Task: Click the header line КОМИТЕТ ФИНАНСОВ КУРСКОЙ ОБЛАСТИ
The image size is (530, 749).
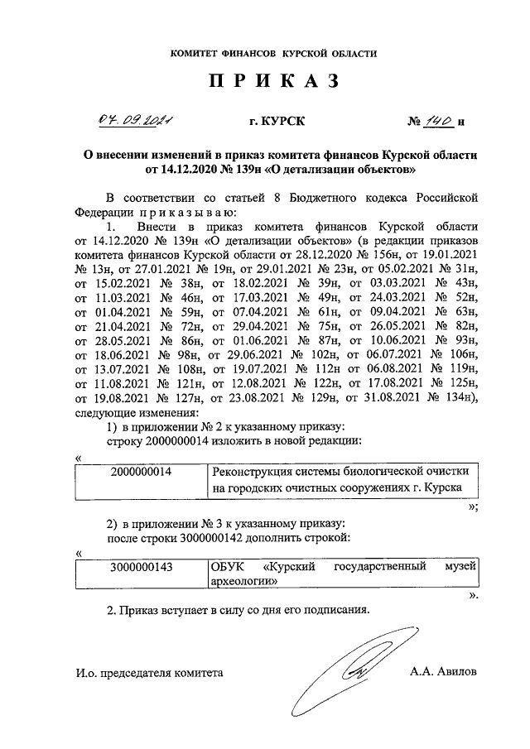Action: (x=273, y=53)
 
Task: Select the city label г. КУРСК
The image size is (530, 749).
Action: (x=277, y=122)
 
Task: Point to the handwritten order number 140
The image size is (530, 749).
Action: (x=439, y=122)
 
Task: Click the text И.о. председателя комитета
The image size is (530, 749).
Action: (x=149, y=672)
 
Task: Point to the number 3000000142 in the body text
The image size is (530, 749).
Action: (x=217, y=540)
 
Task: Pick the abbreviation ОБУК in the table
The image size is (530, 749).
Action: (x=229, y=568)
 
